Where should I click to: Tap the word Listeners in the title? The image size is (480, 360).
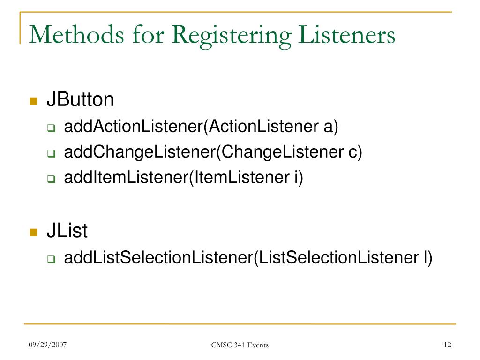[345, 36]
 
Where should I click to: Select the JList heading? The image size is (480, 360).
[67, 231]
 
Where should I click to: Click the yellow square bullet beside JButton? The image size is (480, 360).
[33, 102]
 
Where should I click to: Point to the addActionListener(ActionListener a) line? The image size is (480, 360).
[201, 127]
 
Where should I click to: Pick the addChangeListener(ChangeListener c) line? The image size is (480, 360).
[213, 152]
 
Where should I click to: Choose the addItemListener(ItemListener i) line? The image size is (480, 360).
[184, 178]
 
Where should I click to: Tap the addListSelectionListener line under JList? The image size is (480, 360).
[248, 257]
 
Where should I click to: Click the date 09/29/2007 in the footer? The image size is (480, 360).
[47, 345]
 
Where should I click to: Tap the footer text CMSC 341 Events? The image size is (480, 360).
[240, 345]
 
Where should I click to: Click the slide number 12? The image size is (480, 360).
[447, 345]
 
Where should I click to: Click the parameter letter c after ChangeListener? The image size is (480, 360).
[352, 153]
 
